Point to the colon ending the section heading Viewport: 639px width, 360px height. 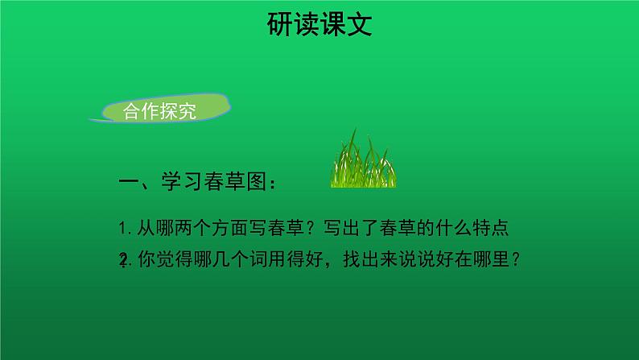click(x=273, y=184)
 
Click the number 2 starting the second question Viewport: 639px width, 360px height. click(x=122, y=260)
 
